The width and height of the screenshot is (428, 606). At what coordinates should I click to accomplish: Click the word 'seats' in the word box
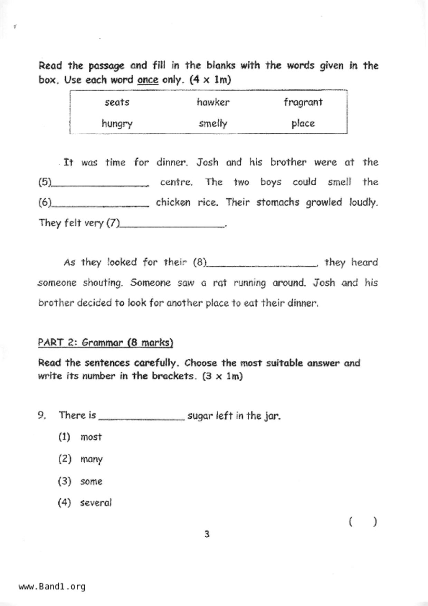[x=117, y=102]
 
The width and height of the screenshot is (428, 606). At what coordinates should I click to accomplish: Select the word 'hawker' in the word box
[x=213, y=102]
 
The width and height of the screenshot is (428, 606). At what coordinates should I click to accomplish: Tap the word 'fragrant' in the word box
[x=303, y=102]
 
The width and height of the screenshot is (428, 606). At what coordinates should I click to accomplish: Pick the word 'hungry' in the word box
[x=117, y=124]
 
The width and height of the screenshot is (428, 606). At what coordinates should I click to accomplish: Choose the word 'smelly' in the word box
[x=213, y=124]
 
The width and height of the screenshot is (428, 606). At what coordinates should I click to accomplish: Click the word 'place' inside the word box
[x=303, y=124]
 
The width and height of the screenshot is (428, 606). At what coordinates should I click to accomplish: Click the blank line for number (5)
[x=100, y=184]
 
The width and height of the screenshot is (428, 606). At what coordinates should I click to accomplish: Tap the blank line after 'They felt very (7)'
[x=172, y=225]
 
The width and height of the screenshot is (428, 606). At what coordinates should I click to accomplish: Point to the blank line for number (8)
[x=261, y=265]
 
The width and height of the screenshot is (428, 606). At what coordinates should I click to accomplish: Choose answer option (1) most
[x=91, y=437]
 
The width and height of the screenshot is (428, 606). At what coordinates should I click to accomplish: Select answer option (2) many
[x=91, y=459]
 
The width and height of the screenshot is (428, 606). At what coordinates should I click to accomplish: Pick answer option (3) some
[x=91, y=481]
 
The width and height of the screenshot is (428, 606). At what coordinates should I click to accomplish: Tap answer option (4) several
[x=96, y=503]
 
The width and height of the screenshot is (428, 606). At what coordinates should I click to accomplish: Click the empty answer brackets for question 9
[x=363, y=522]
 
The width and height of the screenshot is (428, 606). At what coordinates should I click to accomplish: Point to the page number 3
[x=207, y=534]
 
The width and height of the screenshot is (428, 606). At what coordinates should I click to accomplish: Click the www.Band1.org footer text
[x=52, y=587]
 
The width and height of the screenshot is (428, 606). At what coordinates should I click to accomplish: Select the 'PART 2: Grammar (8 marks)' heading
[x=105, y=343]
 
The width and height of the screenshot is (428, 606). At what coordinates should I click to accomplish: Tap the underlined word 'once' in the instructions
[x=148, y=80]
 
